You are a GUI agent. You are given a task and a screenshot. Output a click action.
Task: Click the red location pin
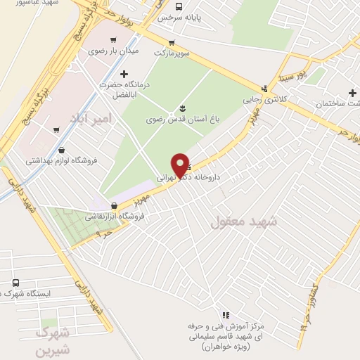click(x=181, y=165)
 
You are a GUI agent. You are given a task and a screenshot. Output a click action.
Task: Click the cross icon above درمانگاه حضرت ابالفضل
click(x=124, y=73)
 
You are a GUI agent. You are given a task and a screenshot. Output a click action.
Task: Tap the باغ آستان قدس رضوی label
click(x=184, y=120)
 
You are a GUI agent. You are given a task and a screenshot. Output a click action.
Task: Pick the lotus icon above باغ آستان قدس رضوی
click(x=183, y=108)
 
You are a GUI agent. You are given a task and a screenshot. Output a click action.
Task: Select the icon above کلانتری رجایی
click(x=264, y=89)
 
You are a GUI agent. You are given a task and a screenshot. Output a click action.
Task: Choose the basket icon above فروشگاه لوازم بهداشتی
click(x=63, y=149)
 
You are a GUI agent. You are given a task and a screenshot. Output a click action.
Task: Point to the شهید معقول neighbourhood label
click(x=244, y=221)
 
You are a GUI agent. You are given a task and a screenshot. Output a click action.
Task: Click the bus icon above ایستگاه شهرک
click(x=15, y=283)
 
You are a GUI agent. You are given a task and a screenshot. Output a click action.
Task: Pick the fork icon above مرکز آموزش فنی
click(x=226, y=316)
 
